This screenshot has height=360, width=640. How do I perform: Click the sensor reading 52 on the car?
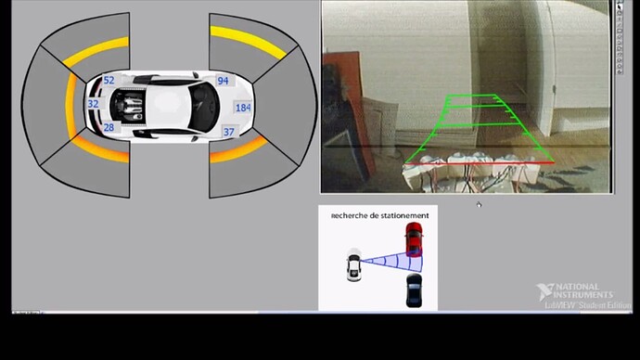pos(109,81)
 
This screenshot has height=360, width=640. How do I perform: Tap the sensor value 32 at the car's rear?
pos(93,105)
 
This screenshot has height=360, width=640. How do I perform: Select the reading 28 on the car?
pos(109,128)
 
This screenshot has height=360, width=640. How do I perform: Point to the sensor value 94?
pos(223,82)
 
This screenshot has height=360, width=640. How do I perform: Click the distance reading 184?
pos(243,108)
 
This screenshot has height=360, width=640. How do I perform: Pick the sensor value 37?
pos(229,133)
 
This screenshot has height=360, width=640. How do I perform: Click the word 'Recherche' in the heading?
pos(350,215)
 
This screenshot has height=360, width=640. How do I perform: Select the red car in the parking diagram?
pos(413,240)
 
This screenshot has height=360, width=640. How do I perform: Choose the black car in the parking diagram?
pos(413,290)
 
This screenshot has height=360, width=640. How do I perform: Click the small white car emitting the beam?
pos(353,265)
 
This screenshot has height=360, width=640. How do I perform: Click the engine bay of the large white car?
pos(127,103)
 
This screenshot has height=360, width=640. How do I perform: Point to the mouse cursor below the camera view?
pos(479,204)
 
